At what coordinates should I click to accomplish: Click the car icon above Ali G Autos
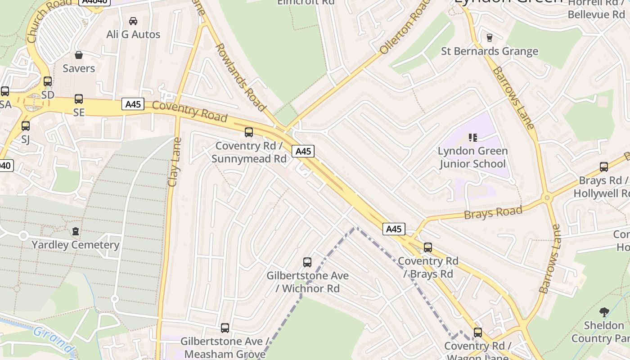tap(133, 21)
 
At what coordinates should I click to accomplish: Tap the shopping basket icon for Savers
tap(79, 55)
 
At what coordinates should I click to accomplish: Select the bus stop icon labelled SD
tap(48, 81)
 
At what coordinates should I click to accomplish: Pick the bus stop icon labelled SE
tap(79, 99)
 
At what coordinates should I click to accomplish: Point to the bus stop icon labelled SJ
tap(26, 126)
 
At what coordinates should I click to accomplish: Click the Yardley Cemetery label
tap(75, 245)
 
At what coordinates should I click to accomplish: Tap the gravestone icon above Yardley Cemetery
tap(75, 231)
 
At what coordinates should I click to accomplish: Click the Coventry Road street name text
tap(189, 111)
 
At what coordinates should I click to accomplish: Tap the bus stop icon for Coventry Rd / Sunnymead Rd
tap(249, 132)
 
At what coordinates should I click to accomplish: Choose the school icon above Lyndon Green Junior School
tap(472, 137)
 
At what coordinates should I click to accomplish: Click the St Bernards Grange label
tap(489, 51)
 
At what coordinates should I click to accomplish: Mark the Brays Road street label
tap(493, 212)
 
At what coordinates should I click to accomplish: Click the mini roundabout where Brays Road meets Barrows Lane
tap(547, 197)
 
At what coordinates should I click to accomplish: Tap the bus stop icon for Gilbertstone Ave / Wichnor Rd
tap(307, 262)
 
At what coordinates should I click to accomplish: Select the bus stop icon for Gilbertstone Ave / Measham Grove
tap(225, 328)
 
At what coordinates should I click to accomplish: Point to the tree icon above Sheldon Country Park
tap(604, 311)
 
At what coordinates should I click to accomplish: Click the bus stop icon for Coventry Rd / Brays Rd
tap(428, 247)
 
